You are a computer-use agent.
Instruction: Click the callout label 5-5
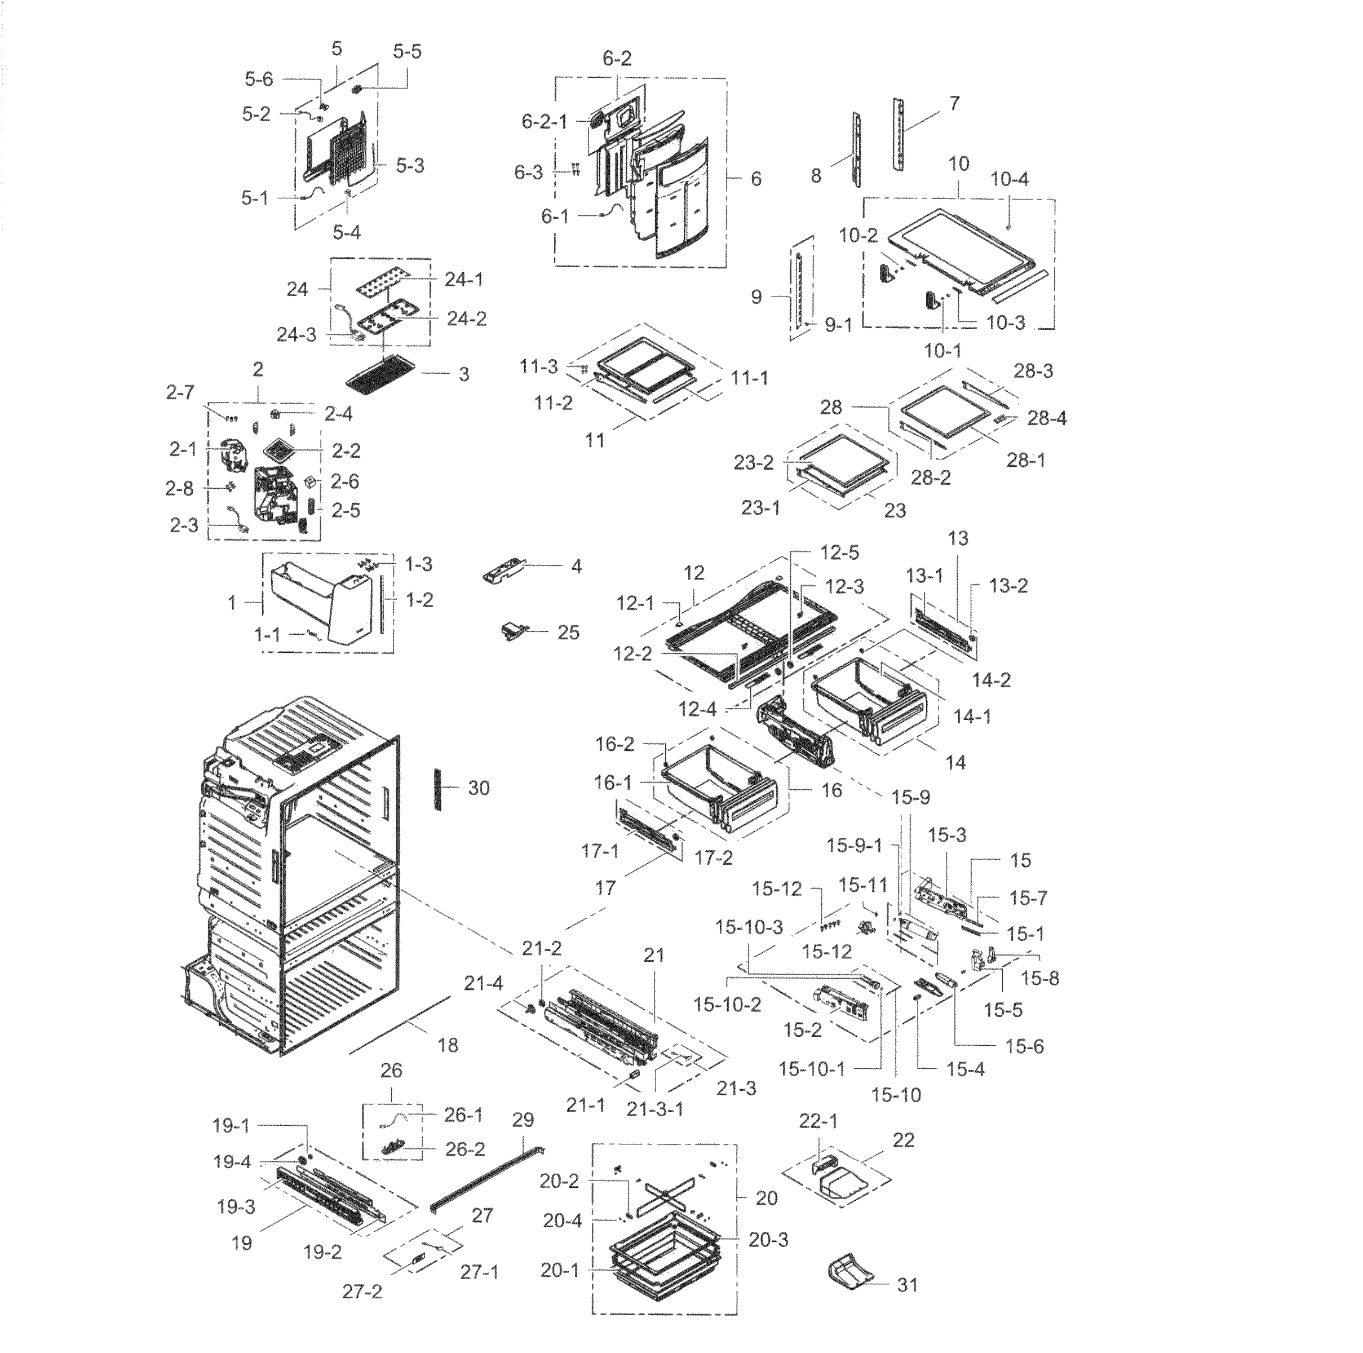(407, 51)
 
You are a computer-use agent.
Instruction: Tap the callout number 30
(479, 788)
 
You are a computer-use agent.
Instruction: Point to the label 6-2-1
(544, 122)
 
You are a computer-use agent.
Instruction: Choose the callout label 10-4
(1009, 179)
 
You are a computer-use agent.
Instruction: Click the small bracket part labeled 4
(505, 569)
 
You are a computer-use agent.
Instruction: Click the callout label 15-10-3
(749, 927)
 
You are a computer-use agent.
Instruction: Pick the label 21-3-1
(654, 1109)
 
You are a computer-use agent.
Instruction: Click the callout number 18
(448, 1045)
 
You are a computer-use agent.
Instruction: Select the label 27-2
(362, 1292)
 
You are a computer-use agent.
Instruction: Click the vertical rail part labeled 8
(856, 149)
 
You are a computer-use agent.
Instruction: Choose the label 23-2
(754, 463)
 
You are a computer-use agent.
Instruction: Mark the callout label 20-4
(562, 1221)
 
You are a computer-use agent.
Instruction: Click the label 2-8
(179, 488)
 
